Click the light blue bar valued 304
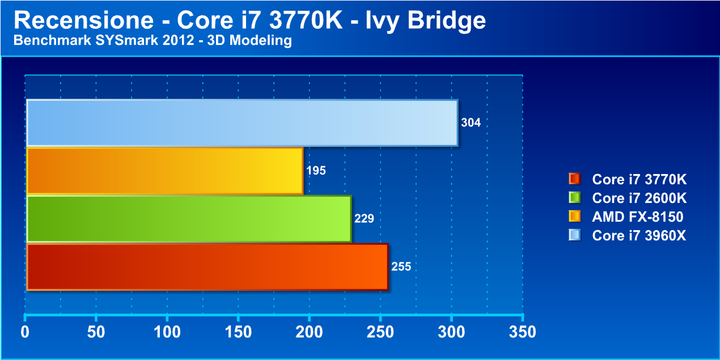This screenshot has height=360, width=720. click(242, 122)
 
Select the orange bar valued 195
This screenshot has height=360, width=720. click(164, 171)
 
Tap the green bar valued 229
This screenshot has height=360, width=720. click(189, 219)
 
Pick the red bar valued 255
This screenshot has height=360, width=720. click(207, 266)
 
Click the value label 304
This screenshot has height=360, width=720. click(471, 122)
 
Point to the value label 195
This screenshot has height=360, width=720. click(316, 171)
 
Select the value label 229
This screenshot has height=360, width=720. click(364, 219)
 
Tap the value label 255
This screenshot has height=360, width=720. click(401, 266)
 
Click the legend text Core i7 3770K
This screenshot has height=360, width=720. click(639, 180)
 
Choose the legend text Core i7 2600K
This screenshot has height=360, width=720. click(639, 198)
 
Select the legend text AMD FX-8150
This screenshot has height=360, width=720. click(638, 217)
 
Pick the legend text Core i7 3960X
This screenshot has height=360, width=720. click(639, 235)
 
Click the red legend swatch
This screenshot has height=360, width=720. click(574, 179)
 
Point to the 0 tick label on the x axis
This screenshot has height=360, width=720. click(25, 332)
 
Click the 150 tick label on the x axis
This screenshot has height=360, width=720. click(238, 332)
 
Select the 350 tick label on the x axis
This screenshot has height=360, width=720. click(523, 332)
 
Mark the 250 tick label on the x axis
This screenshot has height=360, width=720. click(380, 332)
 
